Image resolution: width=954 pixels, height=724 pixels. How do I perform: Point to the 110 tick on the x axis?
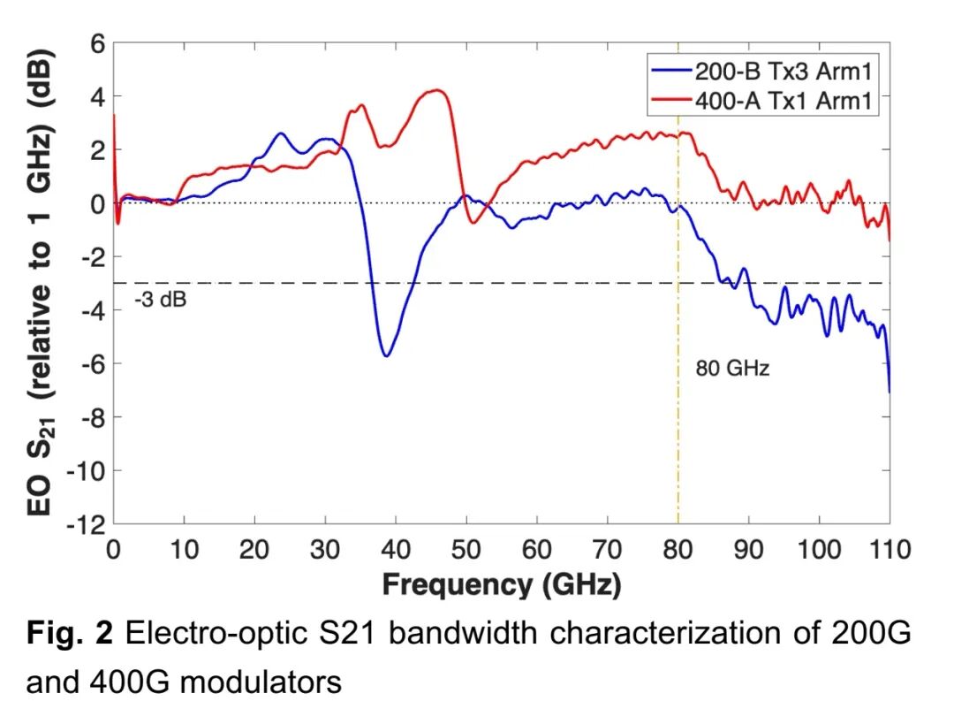889,549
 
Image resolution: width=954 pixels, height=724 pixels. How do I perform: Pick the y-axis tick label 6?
96,43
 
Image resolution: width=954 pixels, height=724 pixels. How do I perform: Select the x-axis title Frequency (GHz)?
501,584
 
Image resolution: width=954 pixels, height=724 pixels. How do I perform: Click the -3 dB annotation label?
161,299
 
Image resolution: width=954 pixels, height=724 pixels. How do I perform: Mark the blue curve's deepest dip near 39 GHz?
387,355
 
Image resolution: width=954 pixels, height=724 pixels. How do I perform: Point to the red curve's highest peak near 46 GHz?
436,90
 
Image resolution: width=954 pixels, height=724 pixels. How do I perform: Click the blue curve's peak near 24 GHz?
281,133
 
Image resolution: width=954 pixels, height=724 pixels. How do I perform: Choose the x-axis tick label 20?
254,549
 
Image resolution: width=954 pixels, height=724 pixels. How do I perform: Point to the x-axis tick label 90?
748,549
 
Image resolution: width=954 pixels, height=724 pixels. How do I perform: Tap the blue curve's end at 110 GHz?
889,391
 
